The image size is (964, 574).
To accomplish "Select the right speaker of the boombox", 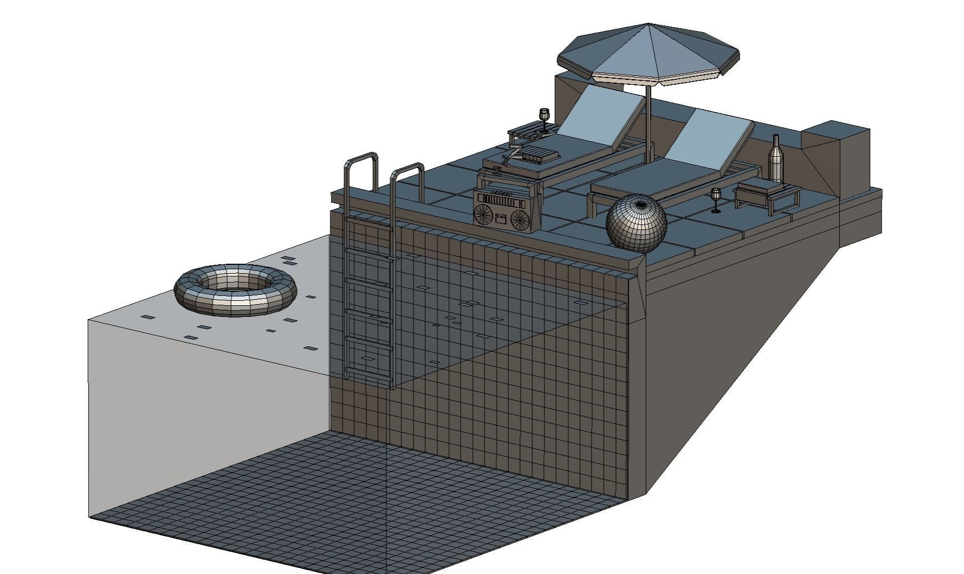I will point(520,219).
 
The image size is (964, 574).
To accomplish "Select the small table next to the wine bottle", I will point(768,194).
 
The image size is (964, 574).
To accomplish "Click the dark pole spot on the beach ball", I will point(641,205).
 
